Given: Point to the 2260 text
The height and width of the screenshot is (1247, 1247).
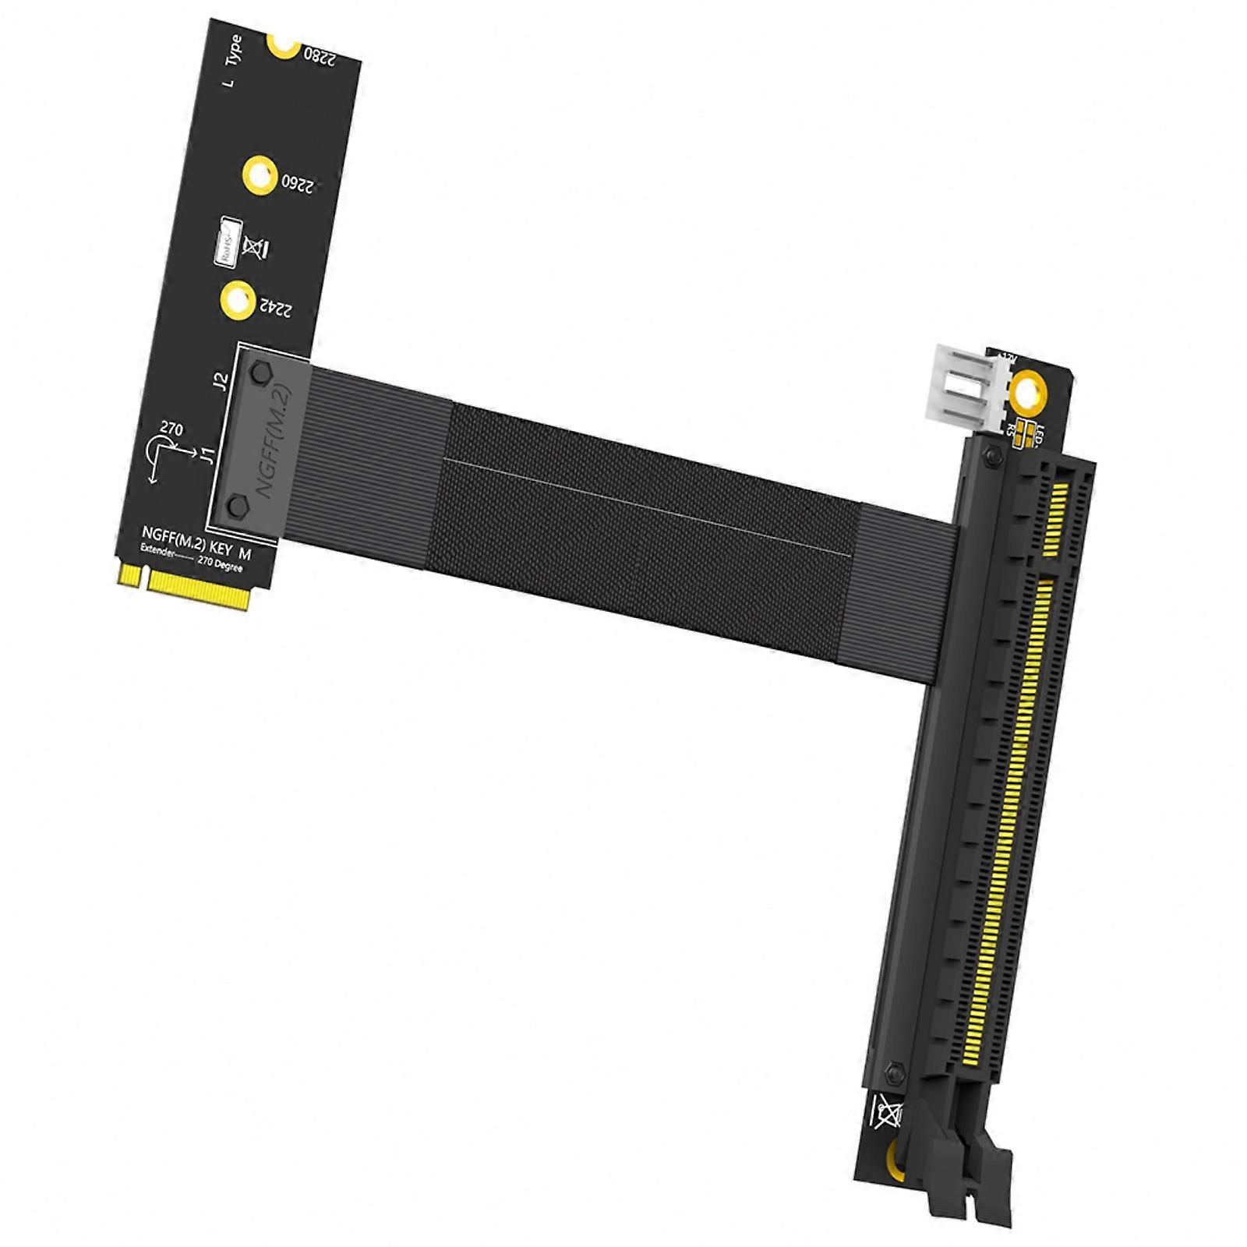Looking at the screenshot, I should click(297, 185).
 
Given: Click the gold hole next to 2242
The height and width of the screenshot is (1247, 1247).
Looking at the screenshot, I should click(238, 300).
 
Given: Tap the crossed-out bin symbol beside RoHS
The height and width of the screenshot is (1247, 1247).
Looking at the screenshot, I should click(256, 247).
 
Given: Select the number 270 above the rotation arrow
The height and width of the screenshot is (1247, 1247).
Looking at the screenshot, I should click(171, 429).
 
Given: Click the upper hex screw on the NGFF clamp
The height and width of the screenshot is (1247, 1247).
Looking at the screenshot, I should click(262, 375).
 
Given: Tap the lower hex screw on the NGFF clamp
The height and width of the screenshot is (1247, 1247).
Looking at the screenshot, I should click(238, 507).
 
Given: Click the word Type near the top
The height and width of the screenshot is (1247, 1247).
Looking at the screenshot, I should click(233, 50).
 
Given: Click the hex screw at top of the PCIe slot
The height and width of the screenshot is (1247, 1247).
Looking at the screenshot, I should click(992, 456).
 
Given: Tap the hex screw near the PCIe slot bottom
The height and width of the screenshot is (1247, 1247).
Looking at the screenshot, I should click(896, 1074).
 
